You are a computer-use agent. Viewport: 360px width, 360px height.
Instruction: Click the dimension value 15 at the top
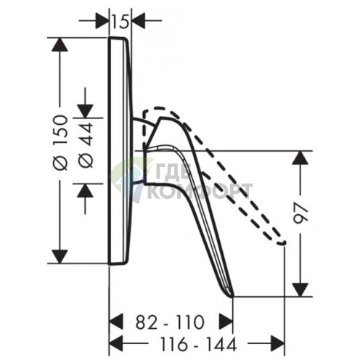120,22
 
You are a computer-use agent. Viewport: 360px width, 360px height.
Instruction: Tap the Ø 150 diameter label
60,143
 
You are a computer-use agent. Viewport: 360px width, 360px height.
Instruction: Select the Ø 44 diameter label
86,144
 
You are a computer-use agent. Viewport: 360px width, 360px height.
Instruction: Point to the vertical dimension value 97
300,213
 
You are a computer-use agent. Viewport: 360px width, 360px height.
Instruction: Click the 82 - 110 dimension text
170,322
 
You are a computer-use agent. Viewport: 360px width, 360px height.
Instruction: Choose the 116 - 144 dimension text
199,344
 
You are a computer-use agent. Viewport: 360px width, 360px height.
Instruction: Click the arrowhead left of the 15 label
102,20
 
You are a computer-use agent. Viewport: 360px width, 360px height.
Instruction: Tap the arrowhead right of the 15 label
139,20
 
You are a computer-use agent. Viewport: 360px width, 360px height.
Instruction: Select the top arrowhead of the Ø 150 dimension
60,44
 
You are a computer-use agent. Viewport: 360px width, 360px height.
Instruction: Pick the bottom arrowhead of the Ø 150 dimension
60,257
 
